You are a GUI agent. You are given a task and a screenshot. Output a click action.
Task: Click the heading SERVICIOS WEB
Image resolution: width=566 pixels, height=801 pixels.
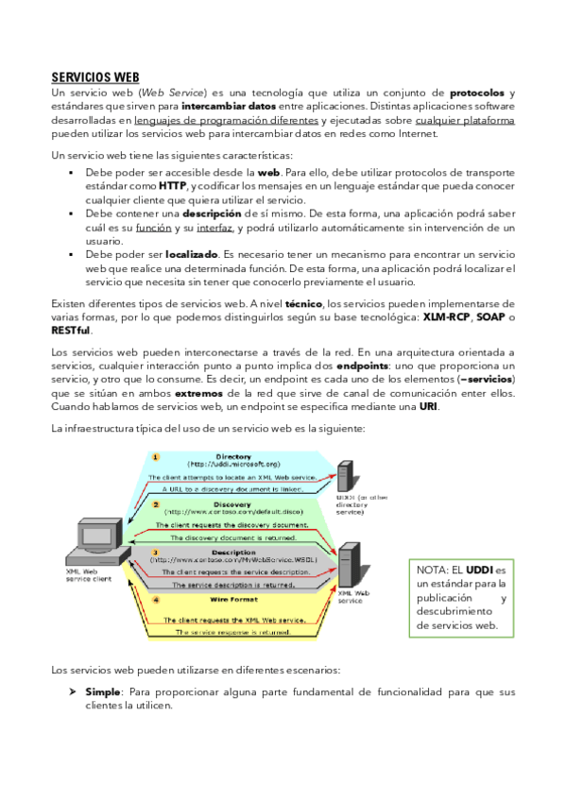(x=95, y=77)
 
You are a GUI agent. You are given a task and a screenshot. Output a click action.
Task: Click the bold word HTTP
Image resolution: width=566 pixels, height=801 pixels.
(x=172, y=186)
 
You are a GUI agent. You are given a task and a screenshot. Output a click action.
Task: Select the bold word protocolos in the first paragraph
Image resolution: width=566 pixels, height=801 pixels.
(x=478, y=94)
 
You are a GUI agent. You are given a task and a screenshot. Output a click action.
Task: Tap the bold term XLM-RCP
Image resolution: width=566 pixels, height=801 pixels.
(x=448, y=317)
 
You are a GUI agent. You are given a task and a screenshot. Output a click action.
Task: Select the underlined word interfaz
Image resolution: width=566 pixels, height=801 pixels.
(x=214, y=228)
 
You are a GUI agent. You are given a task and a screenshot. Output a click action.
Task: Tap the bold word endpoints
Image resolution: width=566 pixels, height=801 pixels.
(x=366, y=366)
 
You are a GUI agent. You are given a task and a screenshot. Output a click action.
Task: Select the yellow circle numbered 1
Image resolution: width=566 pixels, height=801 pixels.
(x=157, y=457)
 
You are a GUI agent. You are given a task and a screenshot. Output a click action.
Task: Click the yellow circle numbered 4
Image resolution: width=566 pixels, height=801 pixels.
(x=157, y=599)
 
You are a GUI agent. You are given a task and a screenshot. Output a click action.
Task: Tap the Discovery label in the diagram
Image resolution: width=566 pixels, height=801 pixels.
(x=232, y=504)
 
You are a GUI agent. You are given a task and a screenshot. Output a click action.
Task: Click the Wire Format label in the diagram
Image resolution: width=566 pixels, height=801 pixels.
(x=232, y=599)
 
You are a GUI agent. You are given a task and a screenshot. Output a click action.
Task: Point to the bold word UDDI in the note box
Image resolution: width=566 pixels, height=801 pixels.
(x=479, y=570)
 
